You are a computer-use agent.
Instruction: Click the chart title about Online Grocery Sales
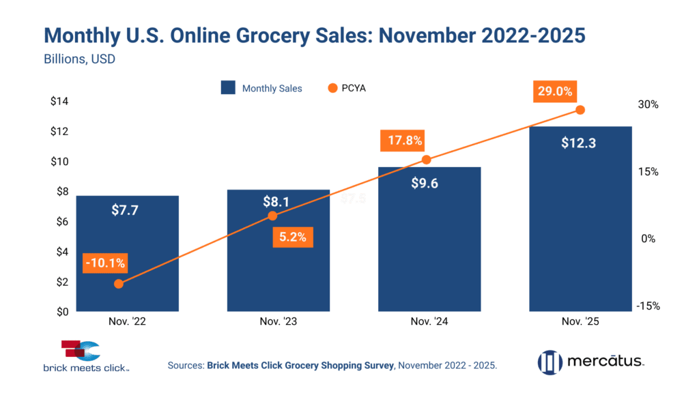pos(315,36)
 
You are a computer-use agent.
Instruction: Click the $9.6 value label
pos(429,183)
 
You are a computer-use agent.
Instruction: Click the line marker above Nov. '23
pos(272,216)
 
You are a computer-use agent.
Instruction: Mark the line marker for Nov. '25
pos(580,110)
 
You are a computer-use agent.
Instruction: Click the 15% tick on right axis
pos(648,172)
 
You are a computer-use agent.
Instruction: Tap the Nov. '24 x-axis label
pos(429,321)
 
